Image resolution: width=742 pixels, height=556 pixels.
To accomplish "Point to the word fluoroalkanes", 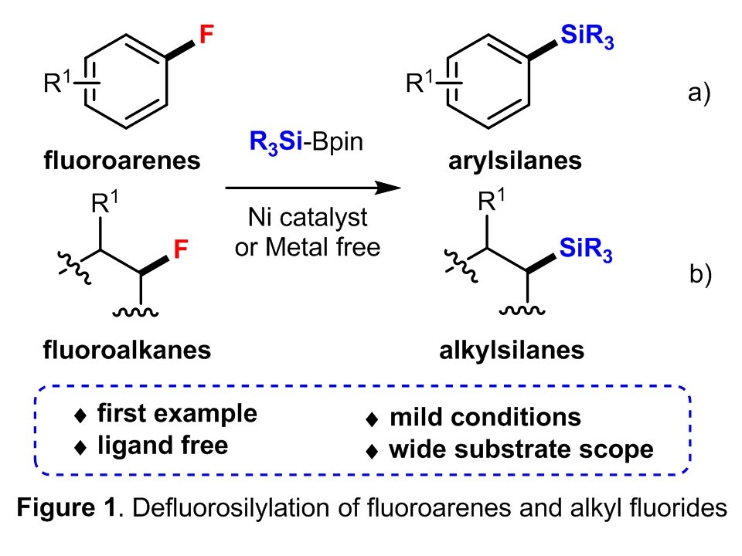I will [x=125, y=350].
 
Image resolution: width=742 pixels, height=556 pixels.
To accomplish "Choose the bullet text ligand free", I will [x=162, y=446].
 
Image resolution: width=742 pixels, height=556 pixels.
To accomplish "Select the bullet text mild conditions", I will [x=485, y=418].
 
